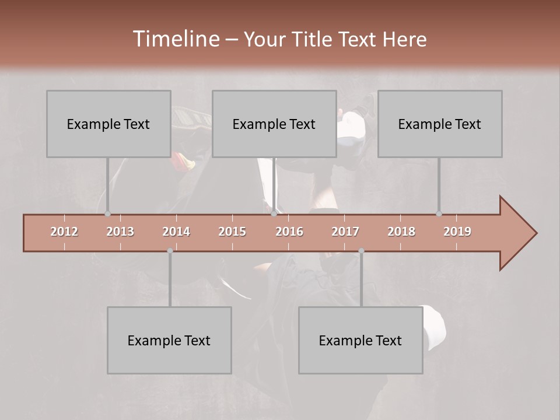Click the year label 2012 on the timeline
click(64, 232)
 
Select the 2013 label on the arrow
click(120, 232)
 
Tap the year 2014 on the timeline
click(176, 232)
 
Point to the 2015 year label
click(232, 232)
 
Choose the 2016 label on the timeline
click(289, 232)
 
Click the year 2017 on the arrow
click(345, 232)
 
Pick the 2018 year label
click(401, 232)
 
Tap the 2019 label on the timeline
click(457, 232)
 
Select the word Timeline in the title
click(175, 39)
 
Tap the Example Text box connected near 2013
click(108, 124)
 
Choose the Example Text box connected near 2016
click(274, 124)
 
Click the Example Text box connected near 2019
click(440, 124)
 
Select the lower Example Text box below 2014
click(169, 340)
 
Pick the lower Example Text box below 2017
click(360, 340)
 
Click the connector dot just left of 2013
click(107, 214)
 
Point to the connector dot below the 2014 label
click(170, 251)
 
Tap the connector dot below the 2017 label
click(361, 251)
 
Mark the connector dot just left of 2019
click(439, 214)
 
